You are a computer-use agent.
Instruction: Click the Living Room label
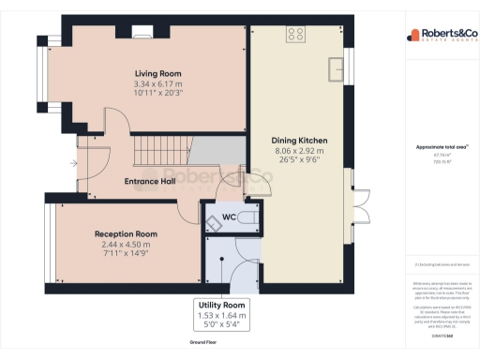pos(157,73)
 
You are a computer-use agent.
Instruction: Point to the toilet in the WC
pos(247,217)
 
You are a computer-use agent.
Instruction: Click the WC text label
pos(228,217)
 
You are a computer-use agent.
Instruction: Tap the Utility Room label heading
pos(222,306)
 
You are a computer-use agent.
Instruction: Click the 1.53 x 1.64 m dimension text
pos(222,316)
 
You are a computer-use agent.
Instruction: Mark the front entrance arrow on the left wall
pos(73,163)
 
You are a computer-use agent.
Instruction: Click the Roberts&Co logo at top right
pos(437,36)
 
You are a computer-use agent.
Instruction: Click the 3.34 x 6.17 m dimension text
pos(157,84)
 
